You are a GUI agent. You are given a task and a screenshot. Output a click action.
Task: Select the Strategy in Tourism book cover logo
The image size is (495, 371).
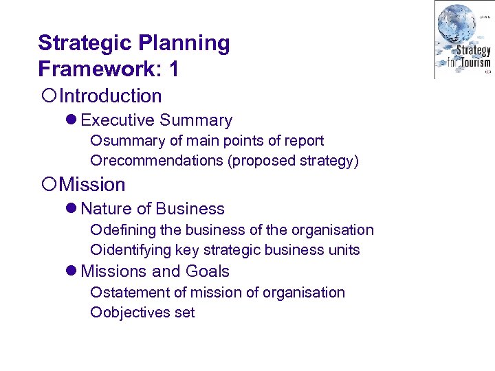(x=463, y=39)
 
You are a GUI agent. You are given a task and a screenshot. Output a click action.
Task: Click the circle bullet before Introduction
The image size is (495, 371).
(x=47, y=97)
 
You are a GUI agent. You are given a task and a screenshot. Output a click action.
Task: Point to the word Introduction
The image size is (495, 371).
(x=110, y=96)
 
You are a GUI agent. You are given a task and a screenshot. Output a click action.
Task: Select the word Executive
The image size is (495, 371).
(x=118, y=120)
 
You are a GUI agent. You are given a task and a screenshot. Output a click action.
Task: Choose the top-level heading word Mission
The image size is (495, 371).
(x=92, y=185)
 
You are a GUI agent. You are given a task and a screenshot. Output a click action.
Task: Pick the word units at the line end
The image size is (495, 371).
(x=344, y=250)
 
